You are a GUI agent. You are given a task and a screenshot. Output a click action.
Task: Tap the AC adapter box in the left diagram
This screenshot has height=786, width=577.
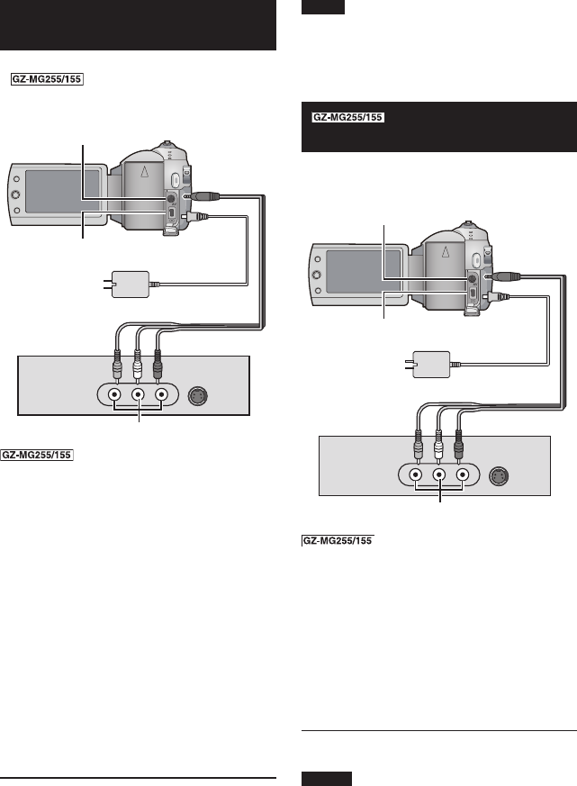(x=131, y=285)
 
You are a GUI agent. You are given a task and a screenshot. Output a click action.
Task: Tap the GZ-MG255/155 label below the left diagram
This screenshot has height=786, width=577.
(x=37, y=456)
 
